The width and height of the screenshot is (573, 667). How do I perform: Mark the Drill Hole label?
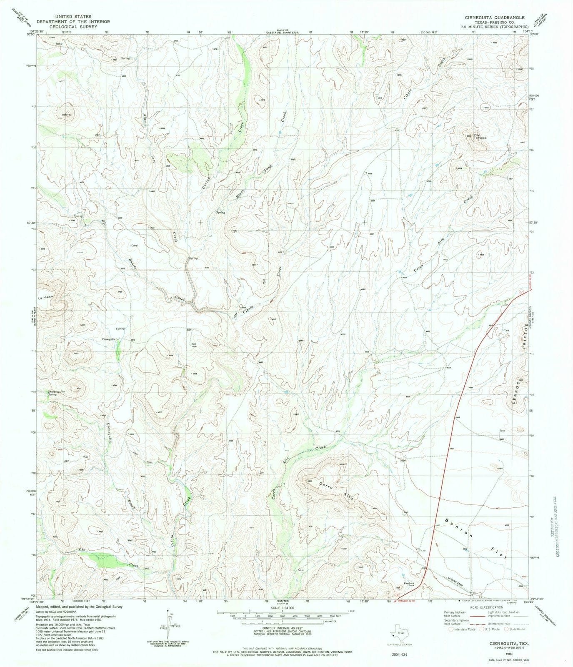coord(194,345)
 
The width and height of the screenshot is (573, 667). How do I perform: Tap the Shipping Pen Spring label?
coord(57,393)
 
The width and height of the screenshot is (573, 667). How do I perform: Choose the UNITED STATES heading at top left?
coord(73,17)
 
